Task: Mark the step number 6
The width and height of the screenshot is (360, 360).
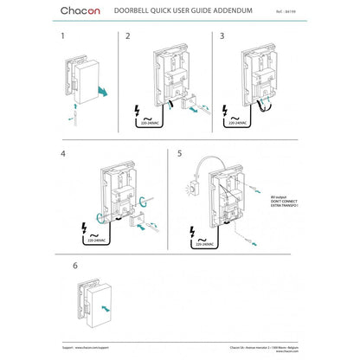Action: pyautogui.click(x=62, y=267)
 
